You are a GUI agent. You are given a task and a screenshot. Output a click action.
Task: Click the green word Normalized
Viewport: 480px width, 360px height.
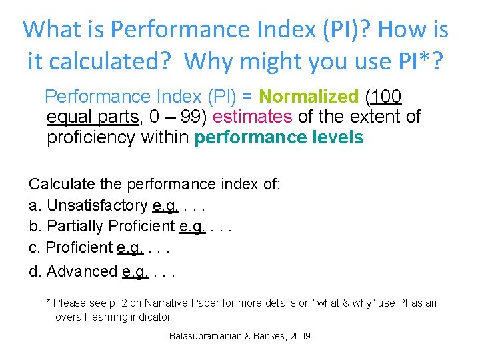(309, 97)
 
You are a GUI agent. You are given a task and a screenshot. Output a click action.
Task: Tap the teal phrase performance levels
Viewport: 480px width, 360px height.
(279, 138)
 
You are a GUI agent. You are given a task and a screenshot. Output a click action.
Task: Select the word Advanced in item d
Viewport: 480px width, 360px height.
(82, 271)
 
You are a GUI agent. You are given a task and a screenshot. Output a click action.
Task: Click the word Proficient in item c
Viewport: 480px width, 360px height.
(79, 247)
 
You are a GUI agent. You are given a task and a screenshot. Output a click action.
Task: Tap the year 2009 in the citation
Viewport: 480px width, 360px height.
(300, 336)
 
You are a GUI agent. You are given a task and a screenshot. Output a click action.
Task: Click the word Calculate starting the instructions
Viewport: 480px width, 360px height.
(59, 184)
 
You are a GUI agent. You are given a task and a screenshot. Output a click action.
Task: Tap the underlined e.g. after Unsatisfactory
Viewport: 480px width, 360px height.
(165, 205)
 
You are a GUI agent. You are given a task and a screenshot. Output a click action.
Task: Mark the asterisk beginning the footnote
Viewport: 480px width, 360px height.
(48, 303)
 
